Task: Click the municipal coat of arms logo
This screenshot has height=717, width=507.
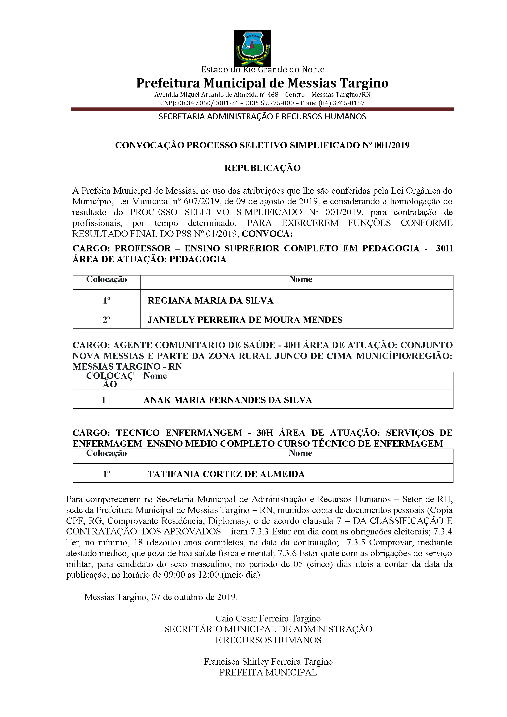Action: coord(252,48)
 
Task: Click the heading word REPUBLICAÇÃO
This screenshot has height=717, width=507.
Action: coord(262,168)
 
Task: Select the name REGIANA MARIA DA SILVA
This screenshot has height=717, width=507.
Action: coord(210,300)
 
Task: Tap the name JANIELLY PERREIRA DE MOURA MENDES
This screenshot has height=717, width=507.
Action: coord(245,320)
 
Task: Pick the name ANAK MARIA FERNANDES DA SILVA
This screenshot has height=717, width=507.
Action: coord(227,400)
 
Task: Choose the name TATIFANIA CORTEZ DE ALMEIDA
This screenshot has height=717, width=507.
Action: coord(226,474)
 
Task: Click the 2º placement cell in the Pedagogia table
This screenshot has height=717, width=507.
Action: coord(106,320)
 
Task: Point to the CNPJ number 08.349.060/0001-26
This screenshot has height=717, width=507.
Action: coord(208,103)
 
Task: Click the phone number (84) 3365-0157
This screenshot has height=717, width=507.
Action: coord(341,103)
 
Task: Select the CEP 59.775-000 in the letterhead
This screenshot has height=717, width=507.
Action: coord(277,103)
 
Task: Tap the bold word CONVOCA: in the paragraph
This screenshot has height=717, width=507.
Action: coord(267,234)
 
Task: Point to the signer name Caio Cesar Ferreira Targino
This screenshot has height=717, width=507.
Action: coord(268,619)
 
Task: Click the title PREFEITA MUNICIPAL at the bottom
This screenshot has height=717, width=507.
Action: coord(268,672)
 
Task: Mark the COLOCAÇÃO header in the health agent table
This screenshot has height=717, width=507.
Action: coord(110,380)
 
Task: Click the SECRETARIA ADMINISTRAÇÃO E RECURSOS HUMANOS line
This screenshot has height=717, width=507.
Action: coord(262,117)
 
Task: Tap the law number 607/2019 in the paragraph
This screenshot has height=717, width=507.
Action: coord(201,201)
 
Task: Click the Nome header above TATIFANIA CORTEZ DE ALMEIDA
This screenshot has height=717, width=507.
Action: coord(300,453)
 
